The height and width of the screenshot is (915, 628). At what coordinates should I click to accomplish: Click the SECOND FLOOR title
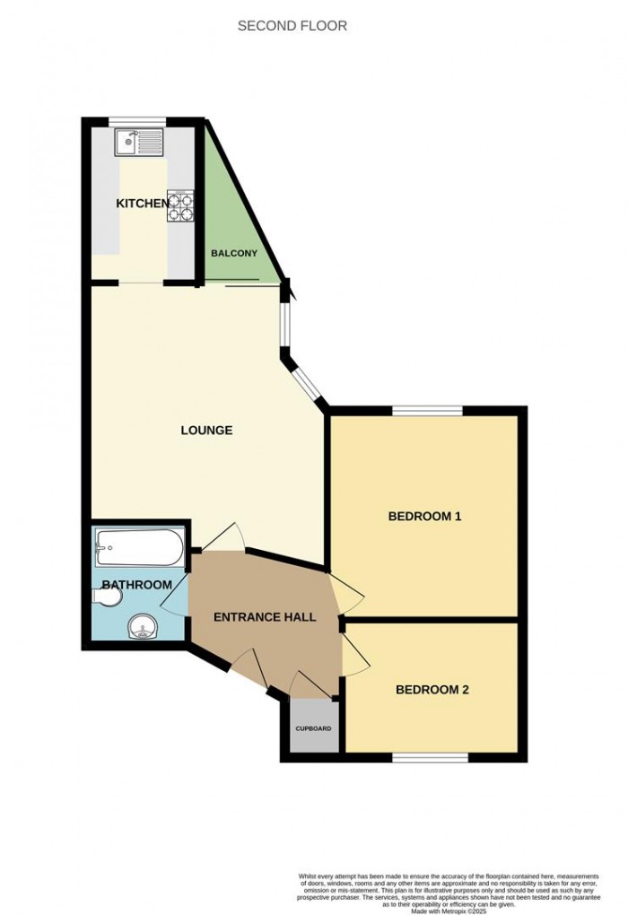292,26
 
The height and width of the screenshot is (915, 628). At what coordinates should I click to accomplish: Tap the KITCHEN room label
142,204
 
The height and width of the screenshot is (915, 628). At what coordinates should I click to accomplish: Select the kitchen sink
138,141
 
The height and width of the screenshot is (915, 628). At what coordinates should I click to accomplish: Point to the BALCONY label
233,253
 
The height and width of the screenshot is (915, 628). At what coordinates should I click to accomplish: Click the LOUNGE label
206,431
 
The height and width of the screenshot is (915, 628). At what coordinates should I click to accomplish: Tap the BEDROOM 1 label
424,517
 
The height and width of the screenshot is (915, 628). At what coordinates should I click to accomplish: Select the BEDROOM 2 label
432,690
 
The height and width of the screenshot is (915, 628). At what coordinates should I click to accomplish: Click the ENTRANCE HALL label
265,617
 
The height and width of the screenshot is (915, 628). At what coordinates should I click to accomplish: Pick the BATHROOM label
136,585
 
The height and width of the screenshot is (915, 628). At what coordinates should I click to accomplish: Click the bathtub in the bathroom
139,545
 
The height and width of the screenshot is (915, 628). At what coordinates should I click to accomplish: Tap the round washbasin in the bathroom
142,627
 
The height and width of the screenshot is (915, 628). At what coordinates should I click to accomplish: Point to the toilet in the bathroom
105,595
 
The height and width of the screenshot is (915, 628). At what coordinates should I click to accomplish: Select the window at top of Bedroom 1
427,411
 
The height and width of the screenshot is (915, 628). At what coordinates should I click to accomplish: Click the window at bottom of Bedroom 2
430,758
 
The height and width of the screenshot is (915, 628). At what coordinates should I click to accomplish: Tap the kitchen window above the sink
138,121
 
